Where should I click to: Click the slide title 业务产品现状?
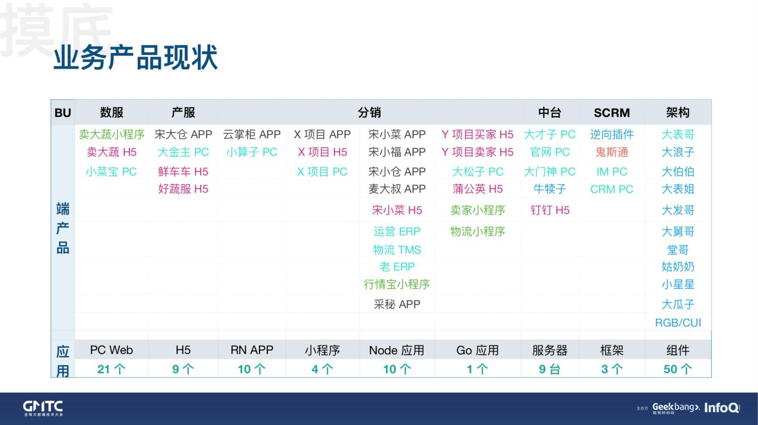click(x=135, y=57)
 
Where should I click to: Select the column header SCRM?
click(x=612, y=113)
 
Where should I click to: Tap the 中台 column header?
click(x=549, y=113)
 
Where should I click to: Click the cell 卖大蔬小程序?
click(x=111, y=134)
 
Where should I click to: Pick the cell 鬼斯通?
click(x=612, y=152)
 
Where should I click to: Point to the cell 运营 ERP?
click(x=397, y=231)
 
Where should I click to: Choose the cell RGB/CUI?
click(x=678, y=323)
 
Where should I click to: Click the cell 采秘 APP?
click(x=397, y=304)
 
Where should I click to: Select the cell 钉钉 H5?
click(x=549, y=210)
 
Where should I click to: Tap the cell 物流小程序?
click(x=477, y=231)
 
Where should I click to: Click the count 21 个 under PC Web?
click(x=111, y=369)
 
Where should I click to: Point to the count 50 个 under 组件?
click(x=678, y=369)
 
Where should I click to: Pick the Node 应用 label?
click(x=397, y=350)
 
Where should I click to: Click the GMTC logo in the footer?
click(x=43, y=408)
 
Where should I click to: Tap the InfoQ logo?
click(x=722, y=408)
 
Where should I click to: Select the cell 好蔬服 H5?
click(x=183, y=189)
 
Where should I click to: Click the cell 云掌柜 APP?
click(x=252, y=134)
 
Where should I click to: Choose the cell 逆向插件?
click(x=612, y=134)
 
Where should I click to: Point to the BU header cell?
click(x=63, y=113)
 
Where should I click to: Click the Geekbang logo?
click(x=676, y=407)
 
